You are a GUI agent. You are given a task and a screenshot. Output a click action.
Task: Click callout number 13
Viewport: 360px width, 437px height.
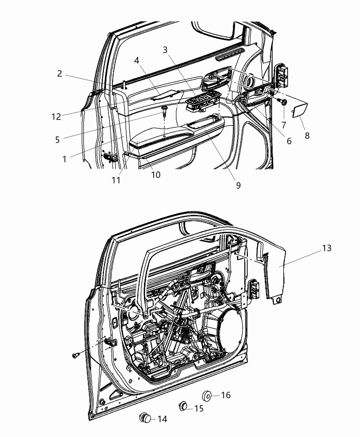326,248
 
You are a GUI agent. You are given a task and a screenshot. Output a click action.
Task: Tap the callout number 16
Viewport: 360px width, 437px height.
226,395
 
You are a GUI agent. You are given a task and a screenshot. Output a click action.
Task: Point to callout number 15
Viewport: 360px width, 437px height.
199,408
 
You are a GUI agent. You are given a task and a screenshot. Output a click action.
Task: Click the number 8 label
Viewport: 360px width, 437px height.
307,136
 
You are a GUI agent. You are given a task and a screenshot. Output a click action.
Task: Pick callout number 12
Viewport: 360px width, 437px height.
56,117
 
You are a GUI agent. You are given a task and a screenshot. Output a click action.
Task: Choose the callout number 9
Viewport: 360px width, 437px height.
238,185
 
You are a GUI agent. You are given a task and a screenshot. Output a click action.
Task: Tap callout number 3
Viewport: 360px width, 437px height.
165,50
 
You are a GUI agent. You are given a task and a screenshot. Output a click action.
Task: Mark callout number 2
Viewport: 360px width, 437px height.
60,74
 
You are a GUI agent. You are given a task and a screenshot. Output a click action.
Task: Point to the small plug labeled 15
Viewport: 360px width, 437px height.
183,406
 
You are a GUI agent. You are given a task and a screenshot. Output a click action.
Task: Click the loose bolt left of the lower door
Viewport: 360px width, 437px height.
76,355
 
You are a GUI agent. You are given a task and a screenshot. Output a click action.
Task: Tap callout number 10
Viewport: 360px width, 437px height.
156,174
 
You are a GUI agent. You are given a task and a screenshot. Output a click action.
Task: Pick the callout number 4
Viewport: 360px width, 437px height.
136,60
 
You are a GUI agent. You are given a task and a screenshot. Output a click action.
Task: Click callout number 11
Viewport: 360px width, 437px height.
116,180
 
